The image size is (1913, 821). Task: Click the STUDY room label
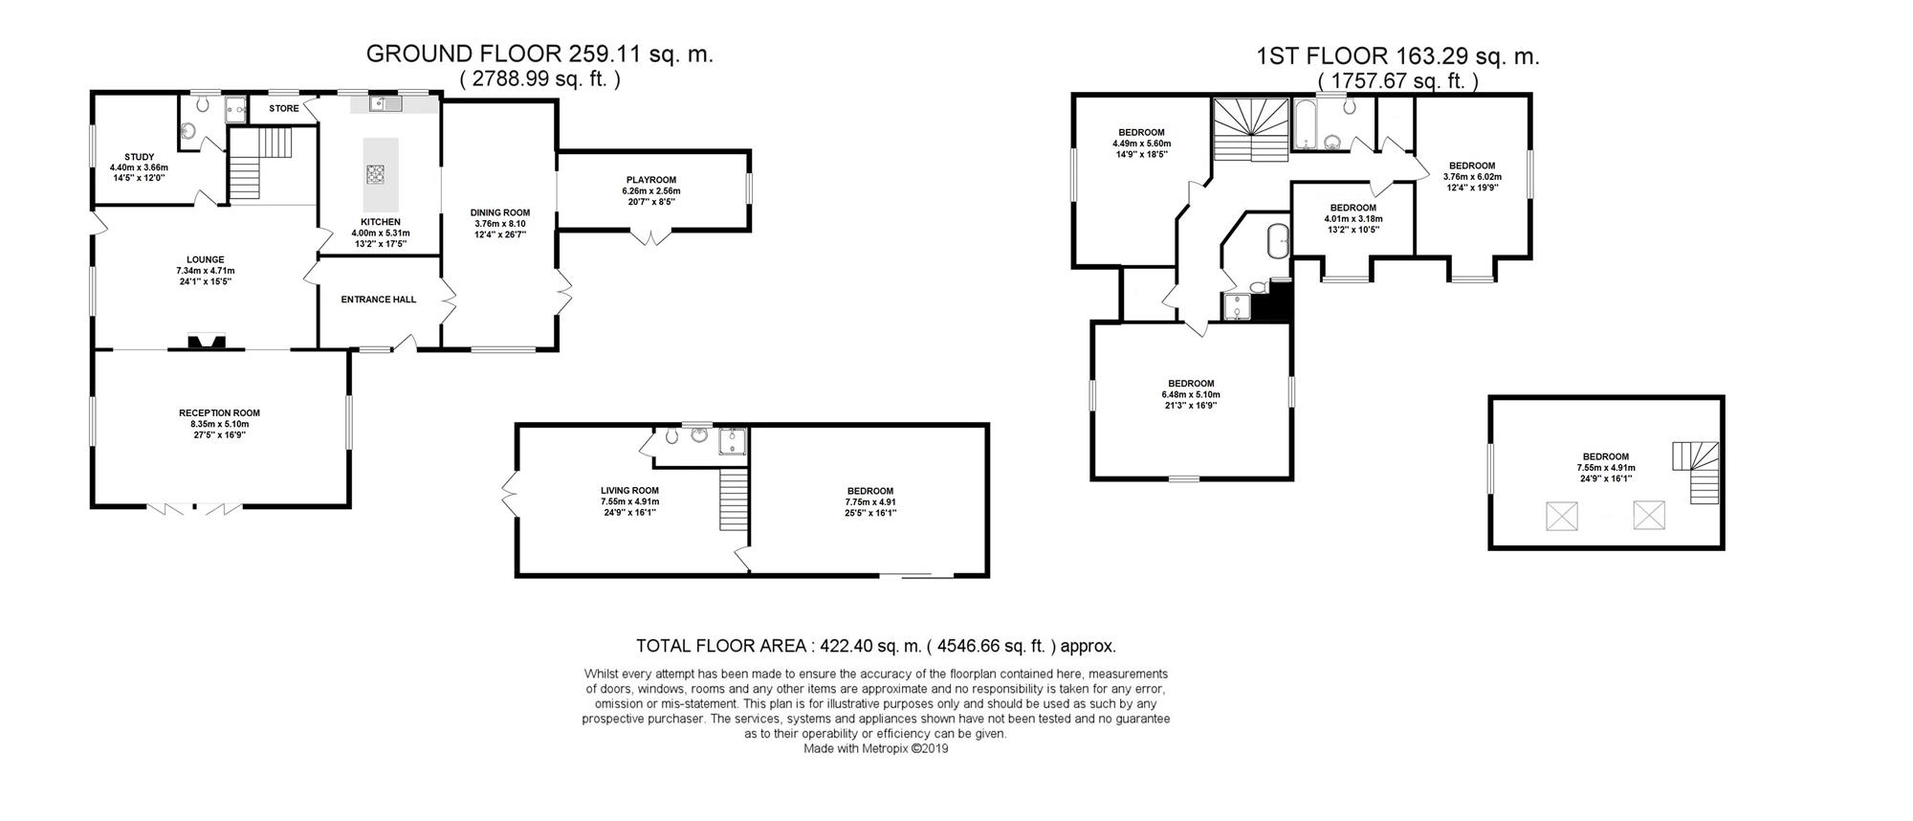click(x=139, y=157)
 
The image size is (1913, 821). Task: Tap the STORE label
click(x=284, y=108)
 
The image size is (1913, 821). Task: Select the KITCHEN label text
click(x=381, y=222)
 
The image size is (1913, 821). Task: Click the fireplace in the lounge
click(x=207, y=342)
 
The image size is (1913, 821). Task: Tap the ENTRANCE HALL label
click(x=379, y=300)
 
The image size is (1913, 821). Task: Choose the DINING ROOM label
click(x=500, y=212)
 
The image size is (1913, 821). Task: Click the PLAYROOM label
click(x=651, y=180)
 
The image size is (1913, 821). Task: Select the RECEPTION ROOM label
click(x=219, y=413)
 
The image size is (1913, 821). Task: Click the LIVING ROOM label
click(x=629, y=491)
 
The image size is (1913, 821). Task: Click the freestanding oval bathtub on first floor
click(x=1277, y=241)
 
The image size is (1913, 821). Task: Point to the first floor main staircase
click(x=1252, y=131)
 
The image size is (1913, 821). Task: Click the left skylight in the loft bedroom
click(x=1561, y=517)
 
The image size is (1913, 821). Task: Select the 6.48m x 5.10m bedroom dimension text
click(x=1191, y=394)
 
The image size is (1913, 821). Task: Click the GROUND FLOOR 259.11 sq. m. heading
click(x=539, y=54)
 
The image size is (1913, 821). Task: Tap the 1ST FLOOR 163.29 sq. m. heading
click(x=1398, y=56)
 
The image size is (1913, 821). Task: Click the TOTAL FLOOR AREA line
click(x=876, y=646)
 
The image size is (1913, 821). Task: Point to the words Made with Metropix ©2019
click(x=876, y=749)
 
